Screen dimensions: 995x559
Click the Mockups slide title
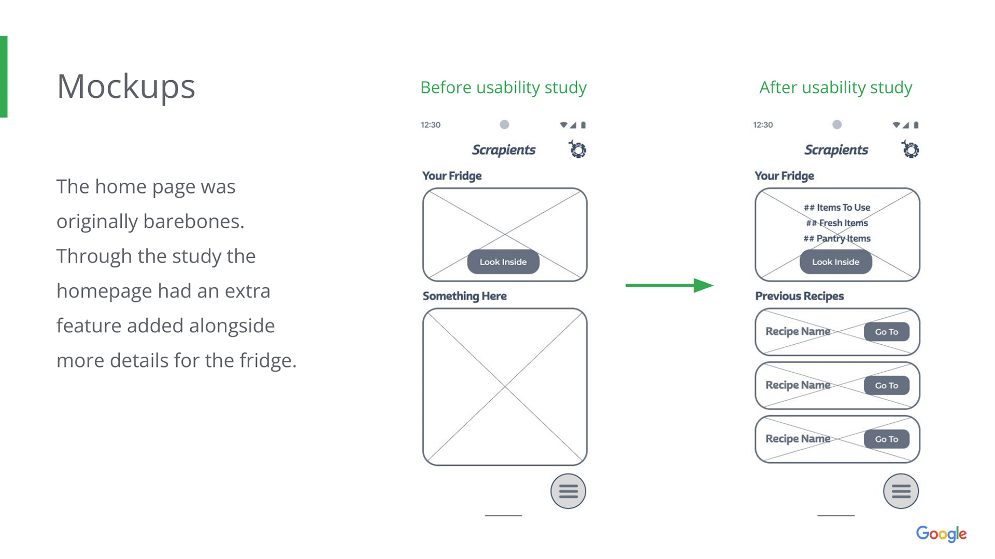pos(126,86)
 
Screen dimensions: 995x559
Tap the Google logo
pos(941,534)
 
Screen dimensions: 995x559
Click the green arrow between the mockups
pos(669,285)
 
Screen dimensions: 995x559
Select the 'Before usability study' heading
pos(503,87)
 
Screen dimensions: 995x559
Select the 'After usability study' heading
pos(835,87)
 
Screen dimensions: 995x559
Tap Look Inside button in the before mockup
pos(503,262)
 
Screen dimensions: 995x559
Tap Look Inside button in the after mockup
pos(835,262)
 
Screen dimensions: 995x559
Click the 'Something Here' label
pos(464,296)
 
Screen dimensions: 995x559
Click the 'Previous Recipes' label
pos(799,296)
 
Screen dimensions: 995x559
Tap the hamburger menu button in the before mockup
pos(568,491)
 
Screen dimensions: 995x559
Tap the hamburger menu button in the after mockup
pos(901,491)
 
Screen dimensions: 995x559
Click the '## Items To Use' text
pos(837,208)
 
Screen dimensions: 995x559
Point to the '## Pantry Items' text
pos(837,239)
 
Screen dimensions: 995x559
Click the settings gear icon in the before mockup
pos(577,150)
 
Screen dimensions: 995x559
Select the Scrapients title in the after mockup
pos(836,150)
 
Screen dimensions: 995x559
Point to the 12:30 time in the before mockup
pos(431,125)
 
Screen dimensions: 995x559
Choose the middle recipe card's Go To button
pos(886,386)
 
